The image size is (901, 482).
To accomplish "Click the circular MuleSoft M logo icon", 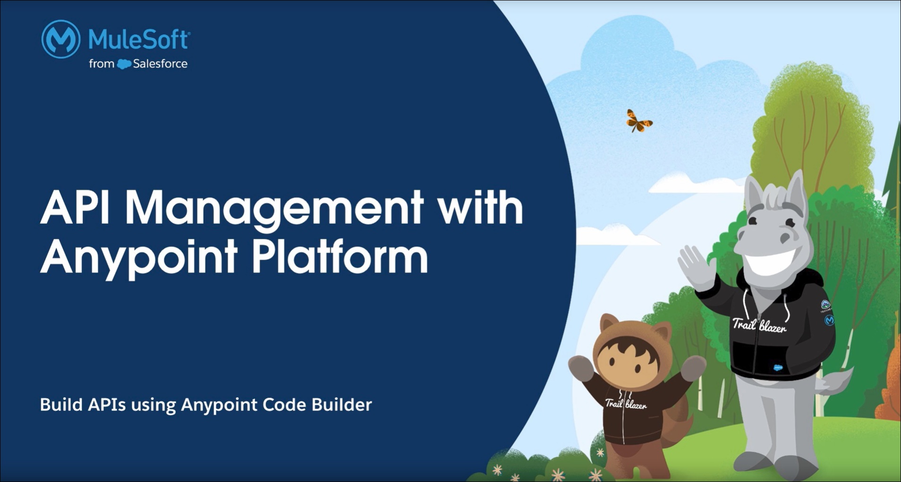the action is tap(61, 39).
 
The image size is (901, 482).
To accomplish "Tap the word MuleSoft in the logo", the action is tap(139, 39).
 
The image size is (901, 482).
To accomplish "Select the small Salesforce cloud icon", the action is tap(124, 64).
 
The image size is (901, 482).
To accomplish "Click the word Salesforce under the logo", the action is tap(160, 64).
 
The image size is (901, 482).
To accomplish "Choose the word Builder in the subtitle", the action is tap(341, 405).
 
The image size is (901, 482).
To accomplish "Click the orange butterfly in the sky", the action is tap(638, 121).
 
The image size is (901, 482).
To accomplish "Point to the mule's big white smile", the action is tap(768, 261).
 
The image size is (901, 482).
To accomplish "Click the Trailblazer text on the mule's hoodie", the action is tap(759, 325).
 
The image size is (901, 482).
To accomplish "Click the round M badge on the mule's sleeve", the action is tap(829, 321).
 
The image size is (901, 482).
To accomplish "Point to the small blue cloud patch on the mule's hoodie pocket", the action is tap(778, 367).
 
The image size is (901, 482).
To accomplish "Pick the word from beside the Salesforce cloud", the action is tap(102, 64).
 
